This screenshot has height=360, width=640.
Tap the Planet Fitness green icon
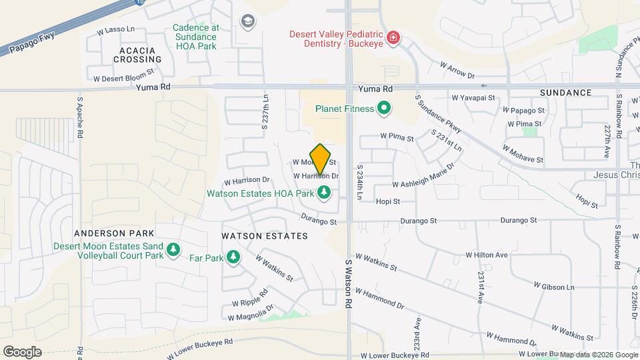point(383,107)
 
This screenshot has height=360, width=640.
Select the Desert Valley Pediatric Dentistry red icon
point(394,36)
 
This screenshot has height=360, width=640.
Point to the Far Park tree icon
point(233,257)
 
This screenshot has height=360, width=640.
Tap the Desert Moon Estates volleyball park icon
point(173,249)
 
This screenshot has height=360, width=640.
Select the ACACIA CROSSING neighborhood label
point(128,55)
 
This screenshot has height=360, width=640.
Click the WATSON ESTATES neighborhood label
point(265,236)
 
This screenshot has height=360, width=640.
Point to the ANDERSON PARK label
point(114,233)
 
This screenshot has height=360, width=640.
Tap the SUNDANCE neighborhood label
point(566,92)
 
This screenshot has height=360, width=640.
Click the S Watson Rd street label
point(348,284)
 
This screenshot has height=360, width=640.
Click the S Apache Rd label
point(79,115)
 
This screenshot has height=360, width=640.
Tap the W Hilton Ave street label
point(487,255)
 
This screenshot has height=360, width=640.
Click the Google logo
point(22,351)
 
